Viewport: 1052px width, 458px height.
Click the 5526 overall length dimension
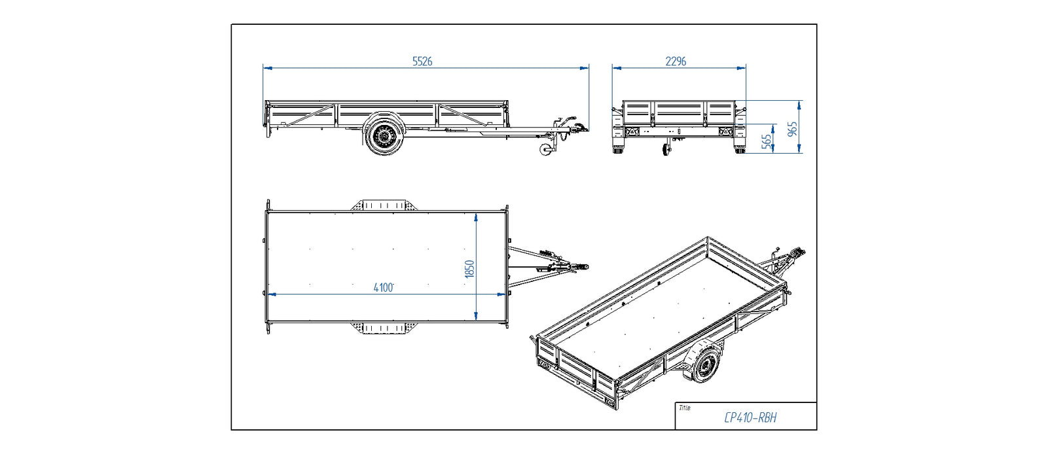(422, 61)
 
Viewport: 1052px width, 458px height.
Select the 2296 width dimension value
(676, 61)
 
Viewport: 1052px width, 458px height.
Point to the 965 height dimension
(793, 128)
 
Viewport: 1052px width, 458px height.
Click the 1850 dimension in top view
(469, 268)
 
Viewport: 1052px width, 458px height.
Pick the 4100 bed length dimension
(384, 287)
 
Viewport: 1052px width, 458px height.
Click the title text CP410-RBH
(750, 417)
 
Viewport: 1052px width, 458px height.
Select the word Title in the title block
(684, 408)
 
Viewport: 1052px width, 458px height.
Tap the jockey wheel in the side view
(546, 150)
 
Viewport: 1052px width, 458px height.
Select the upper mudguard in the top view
(383, 205)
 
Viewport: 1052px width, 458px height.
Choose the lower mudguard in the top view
(383, 328)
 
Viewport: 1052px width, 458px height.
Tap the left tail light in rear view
(632, 132)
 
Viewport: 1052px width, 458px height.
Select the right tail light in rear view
(725, 132)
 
